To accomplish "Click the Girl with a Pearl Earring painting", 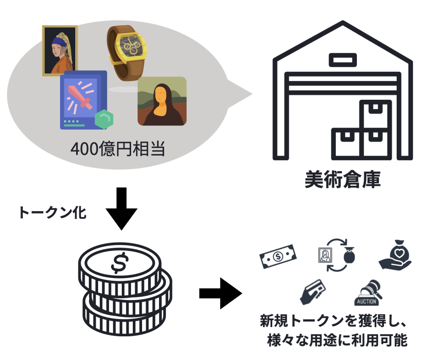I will [x=60, y=50].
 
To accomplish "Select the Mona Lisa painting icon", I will [x=162, y=101].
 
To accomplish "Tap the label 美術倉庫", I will [x=343, y=180].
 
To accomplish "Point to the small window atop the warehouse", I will [x=342, y=60].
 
